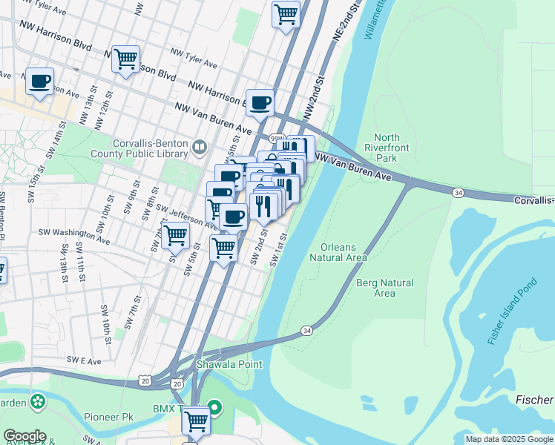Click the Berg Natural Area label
[x=385, y=288]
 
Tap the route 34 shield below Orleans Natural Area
[x=306, y=330]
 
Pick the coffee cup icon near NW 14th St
[x=40, y=82]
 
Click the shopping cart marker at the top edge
[x=286, y=14]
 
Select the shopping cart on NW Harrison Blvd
[x=125, y=59]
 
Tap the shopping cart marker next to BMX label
[x=196, y=421]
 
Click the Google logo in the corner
[x=24, y=436]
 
